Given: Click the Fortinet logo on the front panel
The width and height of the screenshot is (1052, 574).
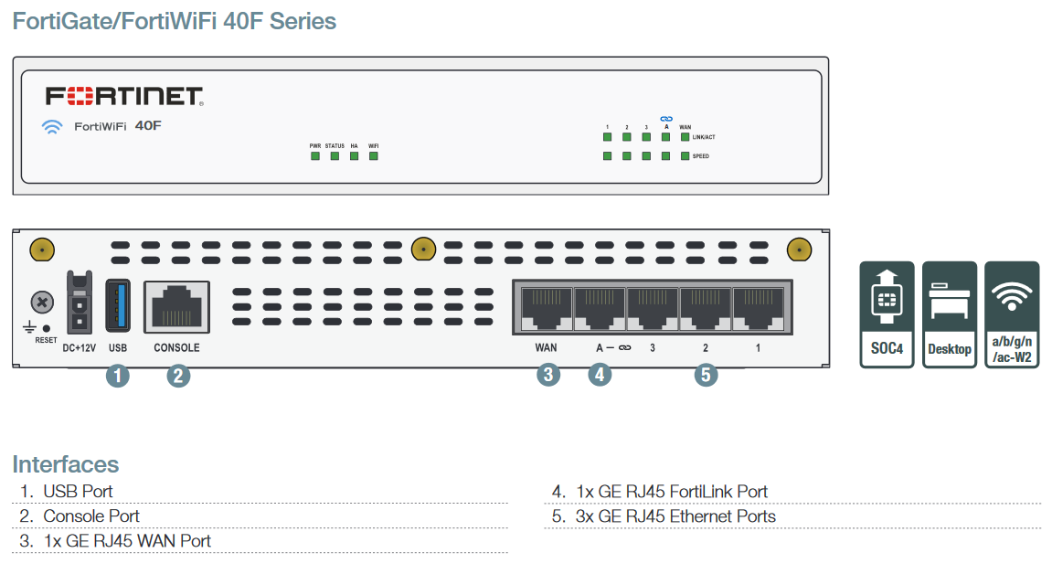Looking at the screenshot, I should pyautogui.click(x=124, y=97).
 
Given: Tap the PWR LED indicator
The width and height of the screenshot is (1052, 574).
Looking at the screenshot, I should pyautogui.click(x=314, y=156).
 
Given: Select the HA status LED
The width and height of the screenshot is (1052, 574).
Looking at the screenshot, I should pyautogui.click(x=354, y=156).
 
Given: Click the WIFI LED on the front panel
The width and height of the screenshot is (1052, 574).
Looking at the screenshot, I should pyautogui.click(x=373, y=156).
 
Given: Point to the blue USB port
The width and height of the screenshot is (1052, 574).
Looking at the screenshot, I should pyautogui.click(x=117, y=304).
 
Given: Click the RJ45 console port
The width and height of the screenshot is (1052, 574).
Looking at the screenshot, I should pyautogui.click(x=176, y=305).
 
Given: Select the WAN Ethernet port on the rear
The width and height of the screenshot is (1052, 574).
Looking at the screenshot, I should pyautogui.click(x=546, y=306).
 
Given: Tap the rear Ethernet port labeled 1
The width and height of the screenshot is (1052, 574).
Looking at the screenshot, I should pyautogui.click(x=758, y=306).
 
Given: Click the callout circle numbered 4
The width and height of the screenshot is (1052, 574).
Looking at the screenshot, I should pyautogui.click(x=599, y=374).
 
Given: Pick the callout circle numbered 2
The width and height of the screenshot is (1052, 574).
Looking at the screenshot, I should pyautogui.click(x=178, y=375).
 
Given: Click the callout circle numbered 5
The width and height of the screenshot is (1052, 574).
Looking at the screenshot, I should pyautogui.click(x=705, y=374).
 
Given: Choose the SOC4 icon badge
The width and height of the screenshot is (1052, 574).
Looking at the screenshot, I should pyautogui.click(x=887, y=314).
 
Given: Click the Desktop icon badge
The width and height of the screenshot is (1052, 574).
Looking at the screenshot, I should pyautogui.click(x=950, y=314).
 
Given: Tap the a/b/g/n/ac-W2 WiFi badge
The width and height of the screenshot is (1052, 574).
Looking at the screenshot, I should pyautogui.click(x=1012, y=314).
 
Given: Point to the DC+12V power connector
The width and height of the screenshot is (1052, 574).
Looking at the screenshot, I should pyautogui.click(x=80, y=303).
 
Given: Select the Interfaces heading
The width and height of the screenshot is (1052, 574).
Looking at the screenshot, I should pyautogui.click(x=66, y=463).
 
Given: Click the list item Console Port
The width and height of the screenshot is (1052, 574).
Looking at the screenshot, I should pyautogui.click(x=91, y=516).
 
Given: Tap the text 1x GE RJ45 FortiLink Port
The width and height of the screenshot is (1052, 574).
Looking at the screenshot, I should pyautogui.click(x=672, y=492).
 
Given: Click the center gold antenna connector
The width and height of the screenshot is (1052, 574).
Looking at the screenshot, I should pyautogui.click(x=422, y=248).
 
